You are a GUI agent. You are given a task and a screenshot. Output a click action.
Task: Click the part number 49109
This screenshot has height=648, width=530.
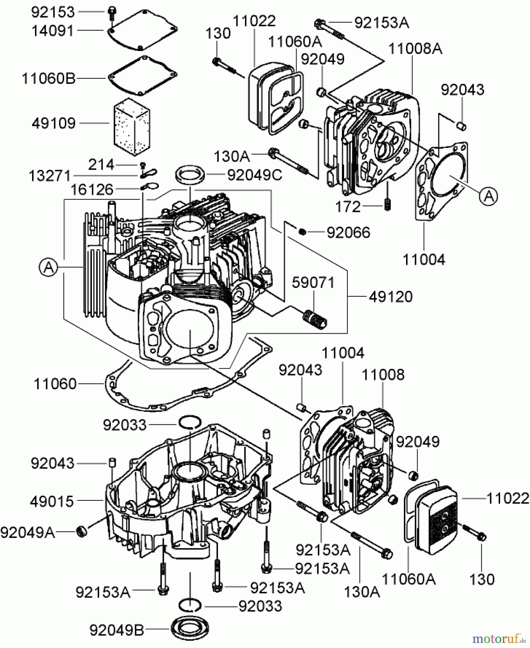[53, 123]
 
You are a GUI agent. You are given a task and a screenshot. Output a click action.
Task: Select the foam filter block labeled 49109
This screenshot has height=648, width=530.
[131, 126]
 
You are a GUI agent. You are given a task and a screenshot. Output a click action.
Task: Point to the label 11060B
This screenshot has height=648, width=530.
[49, 78]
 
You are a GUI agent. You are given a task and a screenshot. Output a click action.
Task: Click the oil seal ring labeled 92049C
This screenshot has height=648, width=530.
[191, 175]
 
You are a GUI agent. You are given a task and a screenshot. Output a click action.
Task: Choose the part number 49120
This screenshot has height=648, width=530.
[391, 297]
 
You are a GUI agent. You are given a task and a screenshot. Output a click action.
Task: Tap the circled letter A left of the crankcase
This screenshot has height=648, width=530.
[49, 267]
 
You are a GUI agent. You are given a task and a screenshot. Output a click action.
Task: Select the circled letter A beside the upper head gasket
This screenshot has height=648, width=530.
[488, 196]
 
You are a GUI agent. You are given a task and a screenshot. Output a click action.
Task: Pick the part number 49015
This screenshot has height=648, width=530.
[52, 501]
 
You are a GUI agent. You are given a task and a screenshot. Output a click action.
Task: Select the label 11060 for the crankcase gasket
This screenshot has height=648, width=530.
[55, 384]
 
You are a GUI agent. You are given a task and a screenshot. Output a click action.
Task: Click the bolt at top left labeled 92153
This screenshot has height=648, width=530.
[111, 13]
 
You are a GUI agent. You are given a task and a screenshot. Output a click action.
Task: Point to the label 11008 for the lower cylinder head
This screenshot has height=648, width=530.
[383, 374]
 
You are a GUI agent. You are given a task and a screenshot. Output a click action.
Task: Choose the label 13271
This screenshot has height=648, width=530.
[49, 176]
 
